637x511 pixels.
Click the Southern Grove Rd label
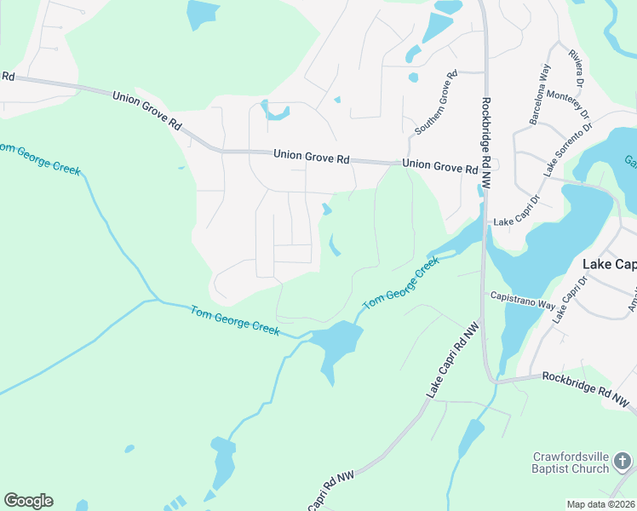[x=437, y=103]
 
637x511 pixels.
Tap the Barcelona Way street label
[x=539, y=94]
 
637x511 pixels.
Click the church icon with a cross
[x=623, y=462]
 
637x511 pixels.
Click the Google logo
[x=28, y=501]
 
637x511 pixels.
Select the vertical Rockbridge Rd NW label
[x=486, y=141]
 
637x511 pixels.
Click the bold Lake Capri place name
[x=608, y=265]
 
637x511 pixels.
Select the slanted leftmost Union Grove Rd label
[x=147, y=110]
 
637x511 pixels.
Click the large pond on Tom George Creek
[x=337, y=343]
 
